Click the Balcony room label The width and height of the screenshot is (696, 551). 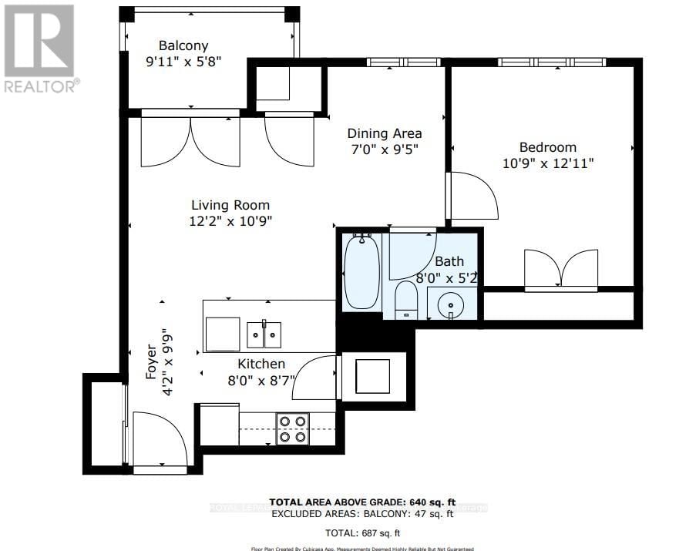tap(183, 46)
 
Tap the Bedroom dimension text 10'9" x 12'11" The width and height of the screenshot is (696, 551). tap(547, 163)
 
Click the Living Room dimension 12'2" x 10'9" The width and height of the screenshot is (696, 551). tap(230, 220)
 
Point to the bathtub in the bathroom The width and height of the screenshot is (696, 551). tap(361, 273)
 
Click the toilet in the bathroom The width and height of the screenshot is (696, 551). tap(405, 301)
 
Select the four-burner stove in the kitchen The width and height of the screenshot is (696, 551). tap(293, 428)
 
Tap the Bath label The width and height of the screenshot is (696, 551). tap(449, 262)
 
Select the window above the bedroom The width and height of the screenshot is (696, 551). tap(551, 62)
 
